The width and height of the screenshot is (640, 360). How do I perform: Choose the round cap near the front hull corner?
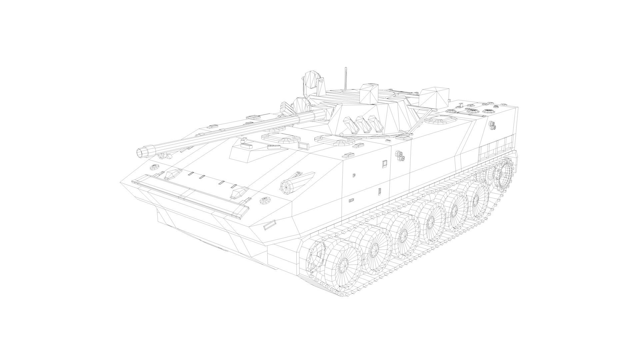click(x=265, y=201)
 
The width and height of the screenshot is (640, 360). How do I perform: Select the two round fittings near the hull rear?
click(x=492, y=125)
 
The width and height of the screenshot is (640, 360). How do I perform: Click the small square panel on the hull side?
click(x=384, y=163)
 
